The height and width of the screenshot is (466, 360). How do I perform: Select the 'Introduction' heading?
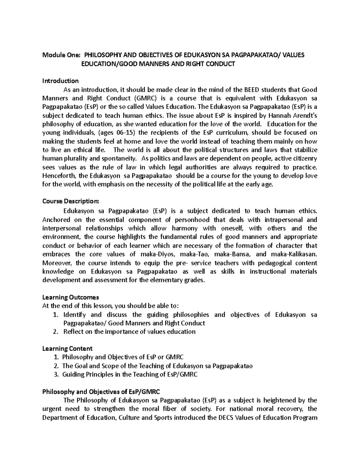tap(60, 81)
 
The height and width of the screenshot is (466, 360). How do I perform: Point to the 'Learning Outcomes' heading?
tap(70, 297)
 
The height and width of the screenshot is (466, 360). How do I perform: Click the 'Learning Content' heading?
tap(67, 348)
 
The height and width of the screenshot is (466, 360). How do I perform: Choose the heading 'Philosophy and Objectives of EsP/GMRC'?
tap(101, 392)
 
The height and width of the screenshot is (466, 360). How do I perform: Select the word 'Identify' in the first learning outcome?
tap(74, 314)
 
